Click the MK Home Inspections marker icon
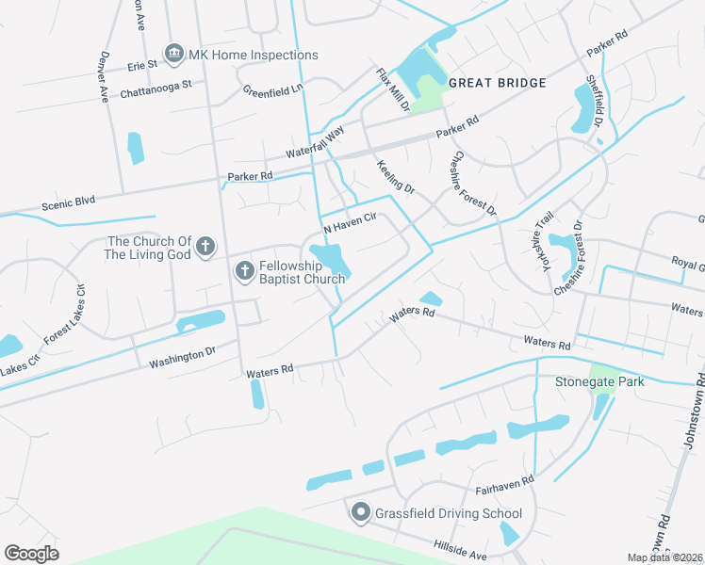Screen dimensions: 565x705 point(173,55)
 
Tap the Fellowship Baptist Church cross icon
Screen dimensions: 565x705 point(243,272)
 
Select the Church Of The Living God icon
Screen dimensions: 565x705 point(205,249)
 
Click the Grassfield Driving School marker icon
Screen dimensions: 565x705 point(360,513)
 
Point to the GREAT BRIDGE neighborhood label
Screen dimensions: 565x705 point(497,83)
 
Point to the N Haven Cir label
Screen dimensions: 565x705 point(350,223)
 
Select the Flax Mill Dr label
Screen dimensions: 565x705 point(393,89)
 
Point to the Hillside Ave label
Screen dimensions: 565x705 point(460,551)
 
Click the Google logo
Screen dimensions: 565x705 point(32,553)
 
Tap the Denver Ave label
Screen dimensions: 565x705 point(101,74)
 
